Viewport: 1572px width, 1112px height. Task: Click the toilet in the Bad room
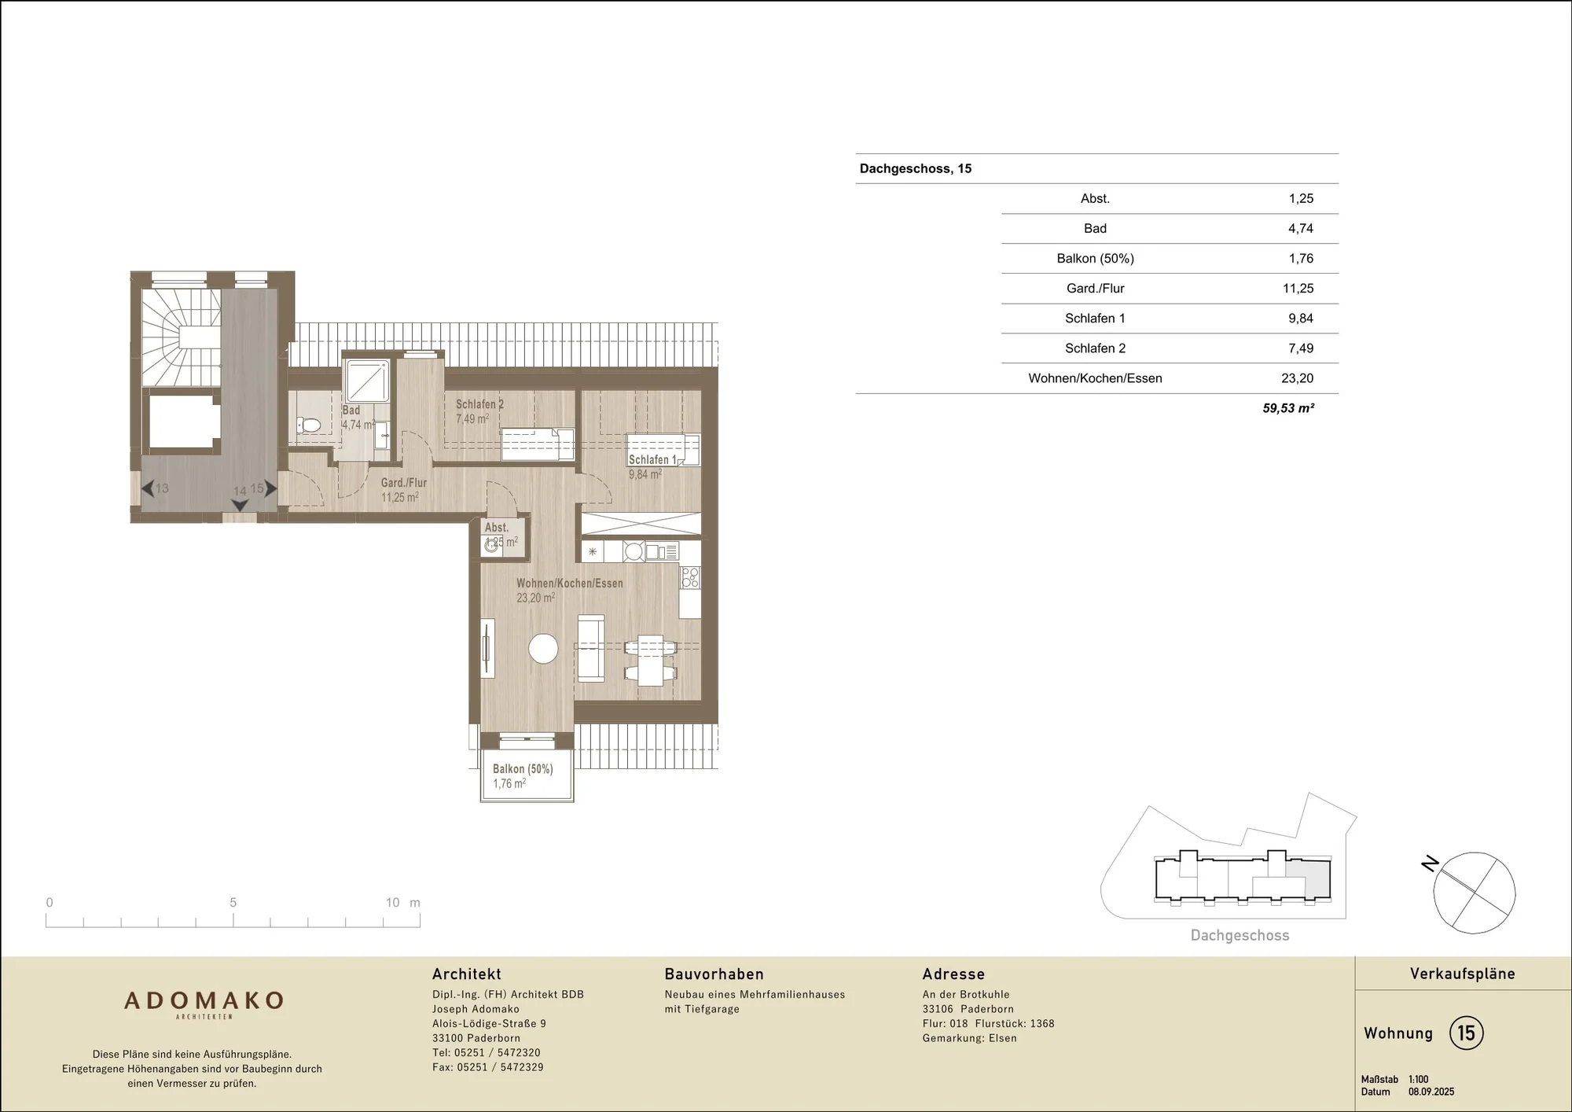[x=309, y=425]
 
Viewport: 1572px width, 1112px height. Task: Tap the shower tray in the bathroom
[x=368, y=381]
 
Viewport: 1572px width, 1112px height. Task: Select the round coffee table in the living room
[x=543, y=649]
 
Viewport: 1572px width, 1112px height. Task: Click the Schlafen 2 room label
[x=479, y=404]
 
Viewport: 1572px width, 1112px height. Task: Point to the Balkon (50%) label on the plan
[x=523, y=769]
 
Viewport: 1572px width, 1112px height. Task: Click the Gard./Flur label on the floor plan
[x=404, y=483]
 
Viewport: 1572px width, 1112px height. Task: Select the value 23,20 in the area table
[x=1297, y=378]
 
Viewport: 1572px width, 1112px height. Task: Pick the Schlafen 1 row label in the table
[x=1095, y=319]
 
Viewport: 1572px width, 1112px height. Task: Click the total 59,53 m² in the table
[x=1288, y=408]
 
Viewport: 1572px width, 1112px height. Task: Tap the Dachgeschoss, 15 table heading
[x=916, y=168]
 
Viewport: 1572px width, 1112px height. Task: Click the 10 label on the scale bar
[x=393, y=903]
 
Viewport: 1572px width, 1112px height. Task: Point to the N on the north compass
[x=1430, y=863]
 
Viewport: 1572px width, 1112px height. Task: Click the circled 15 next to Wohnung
[x=1467, y=1033]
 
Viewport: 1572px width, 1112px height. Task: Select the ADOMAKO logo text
[x=204, y=1000]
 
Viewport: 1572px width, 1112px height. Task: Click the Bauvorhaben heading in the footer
[x=714, y=974]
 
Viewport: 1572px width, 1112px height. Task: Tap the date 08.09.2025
[x=1431, y=1092]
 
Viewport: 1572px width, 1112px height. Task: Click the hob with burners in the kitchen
[x=690, y=578]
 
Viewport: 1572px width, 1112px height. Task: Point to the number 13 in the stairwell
[x=162, y=488]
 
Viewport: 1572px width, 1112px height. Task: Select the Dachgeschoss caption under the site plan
[x=1240, y=935]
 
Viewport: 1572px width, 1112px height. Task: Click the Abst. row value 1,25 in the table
[x=1301, y=199]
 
